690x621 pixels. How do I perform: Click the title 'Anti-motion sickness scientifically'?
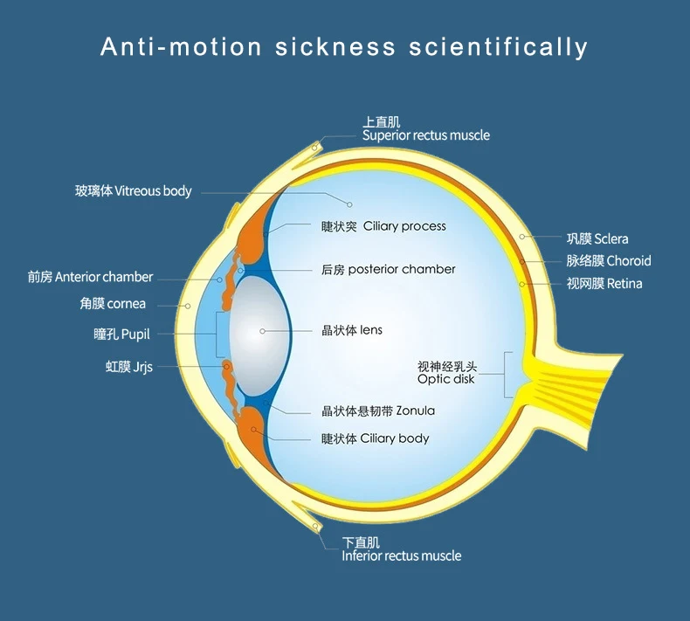click(344, 46)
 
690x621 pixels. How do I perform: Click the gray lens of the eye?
click(253, 332)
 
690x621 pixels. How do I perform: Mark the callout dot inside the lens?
click(261, 331)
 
